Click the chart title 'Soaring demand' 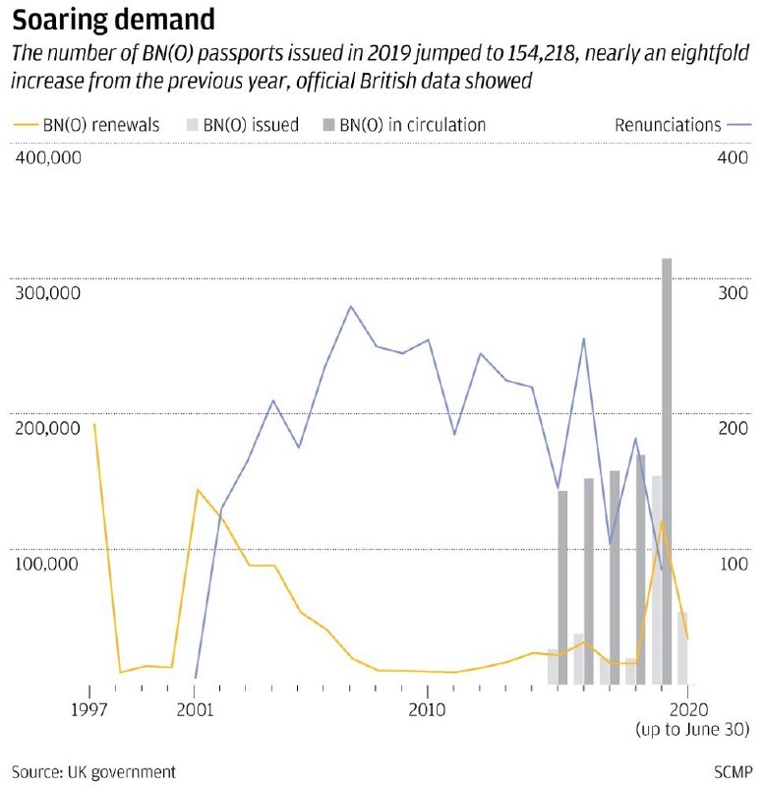point(113,20)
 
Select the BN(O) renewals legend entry point(86,125)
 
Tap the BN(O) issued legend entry point(242,125)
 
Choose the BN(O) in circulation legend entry point(404,125)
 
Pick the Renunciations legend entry point(682,125)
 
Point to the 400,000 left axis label point(48,157)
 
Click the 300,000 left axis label point(47,293)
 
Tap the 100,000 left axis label point(46,564)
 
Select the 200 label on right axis point(733,428)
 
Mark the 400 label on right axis point(733,157)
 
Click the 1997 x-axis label point(89,709)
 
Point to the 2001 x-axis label point(195,709)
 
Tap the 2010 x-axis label point(427,709)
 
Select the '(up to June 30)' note point(692,729)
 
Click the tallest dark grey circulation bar point(667,471)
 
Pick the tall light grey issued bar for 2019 point(657,580)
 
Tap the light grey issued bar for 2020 point(682,648)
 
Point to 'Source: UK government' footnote point(93,771)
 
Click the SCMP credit point(733,771)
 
